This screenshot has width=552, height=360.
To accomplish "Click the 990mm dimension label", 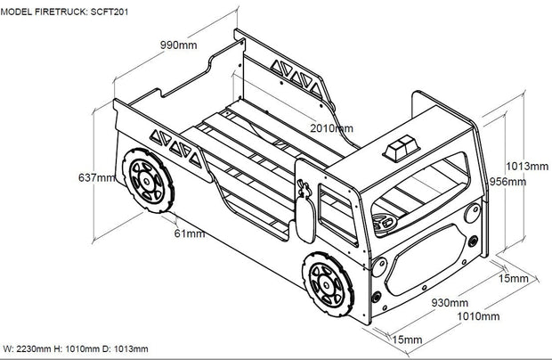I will (x=179, y=45).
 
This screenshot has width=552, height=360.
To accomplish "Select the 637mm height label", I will (x=96, y=176).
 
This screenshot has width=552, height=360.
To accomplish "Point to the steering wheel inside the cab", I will (x=386, y=217).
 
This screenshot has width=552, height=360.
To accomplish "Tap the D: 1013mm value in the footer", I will (x=125, y=348).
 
